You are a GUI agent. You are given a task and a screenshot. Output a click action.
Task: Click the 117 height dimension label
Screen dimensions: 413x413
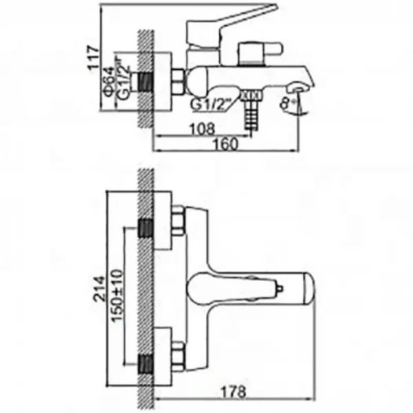94,59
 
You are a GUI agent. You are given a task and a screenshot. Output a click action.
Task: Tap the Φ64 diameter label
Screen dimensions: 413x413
109,83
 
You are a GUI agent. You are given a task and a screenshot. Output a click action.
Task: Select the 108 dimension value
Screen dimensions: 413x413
202,129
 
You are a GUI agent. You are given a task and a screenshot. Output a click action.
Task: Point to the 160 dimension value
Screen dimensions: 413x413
226,144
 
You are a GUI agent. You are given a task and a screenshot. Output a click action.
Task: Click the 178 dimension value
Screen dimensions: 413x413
233,392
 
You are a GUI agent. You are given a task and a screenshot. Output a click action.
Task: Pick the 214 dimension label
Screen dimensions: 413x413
100,288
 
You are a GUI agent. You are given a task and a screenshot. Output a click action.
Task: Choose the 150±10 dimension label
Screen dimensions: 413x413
117,295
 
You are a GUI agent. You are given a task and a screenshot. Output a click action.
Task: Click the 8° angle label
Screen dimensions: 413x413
286,103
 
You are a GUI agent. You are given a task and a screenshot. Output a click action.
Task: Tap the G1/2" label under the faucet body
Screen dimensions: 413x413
211,105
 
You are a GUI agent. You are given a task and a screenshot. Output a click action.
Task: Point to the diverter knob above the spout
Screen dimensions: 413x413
260,53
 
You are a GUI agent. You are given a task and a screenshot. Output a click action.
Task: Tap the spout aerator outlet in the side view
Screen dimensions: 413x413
297,89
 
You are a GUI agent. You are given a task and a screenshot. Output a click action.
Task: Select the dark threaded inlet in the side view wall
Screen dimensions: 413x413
145,82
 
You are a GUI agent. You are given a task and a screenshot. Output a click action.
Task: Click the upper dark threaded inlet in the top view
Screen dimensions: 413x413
146,228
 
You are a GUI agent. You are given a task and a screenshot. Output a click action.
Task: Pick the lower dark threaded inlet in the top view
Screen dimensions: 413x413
146,363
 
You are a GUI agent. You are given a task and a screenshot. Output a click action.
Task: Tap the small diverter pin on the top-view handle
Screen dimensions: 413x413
279,288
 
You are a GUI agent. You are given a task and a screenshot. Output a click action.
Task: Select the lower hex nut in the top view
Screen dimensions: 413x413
178,356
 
